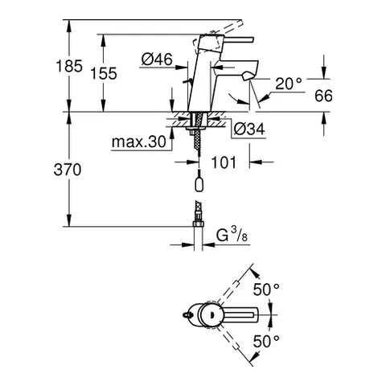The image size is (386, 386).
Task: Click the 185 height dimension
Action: point(72,67)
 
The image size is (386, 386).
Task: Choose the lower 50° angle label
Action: point(265,340)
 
